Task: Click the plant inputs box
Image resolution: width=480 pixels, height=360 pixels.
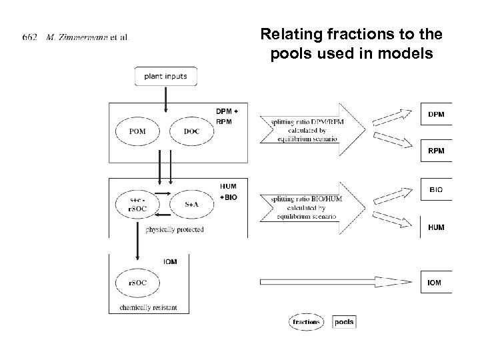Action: tap(165, 76)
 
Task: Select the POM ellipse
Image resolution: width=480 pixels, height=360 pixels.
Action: tap(138, 131)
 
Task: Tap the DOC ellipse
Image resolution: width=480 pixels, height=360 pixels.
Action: tap(191, 131)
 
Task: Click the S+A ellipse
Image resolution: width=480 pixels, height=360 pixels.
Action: tap(191, 205)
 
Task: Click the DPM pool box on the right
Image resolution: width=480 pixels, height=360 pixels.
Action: tap(436, 114)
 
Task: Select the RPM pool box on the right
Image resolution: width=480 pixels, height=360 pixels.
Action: tap(436, 151)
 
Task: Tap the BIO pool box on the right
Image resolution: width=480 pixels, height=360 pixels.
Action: tap(436, 190)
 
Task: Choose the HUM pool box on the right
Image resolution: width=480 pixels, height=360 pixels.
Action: tap(436, 227)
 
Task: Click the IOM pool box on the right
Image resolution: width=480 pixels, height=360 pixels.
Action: tap(436, 283)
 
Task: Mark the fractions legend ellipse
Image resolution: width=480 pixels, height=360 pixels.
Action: tap(306, 322)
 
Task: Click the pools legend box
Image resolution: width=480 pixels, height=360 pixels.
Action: tap(344, 322)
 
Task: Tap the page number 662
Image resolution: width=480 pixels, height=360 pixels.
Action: tap(29, 36)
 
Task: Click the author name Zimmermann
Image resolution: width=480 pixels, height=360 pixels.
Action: tap(79, 36)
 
